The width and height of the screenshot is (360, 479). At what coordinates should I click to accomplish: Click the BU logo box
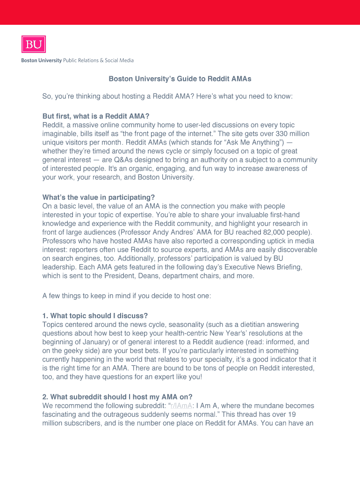click(x=33, y=44)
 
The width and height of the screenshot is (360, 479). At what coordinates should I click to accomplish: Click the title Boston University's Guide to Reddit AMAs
click(x=180, y=79)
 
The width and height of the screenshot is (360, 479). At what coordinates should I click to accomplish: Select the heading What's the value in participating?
click(x=99, y=197)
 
